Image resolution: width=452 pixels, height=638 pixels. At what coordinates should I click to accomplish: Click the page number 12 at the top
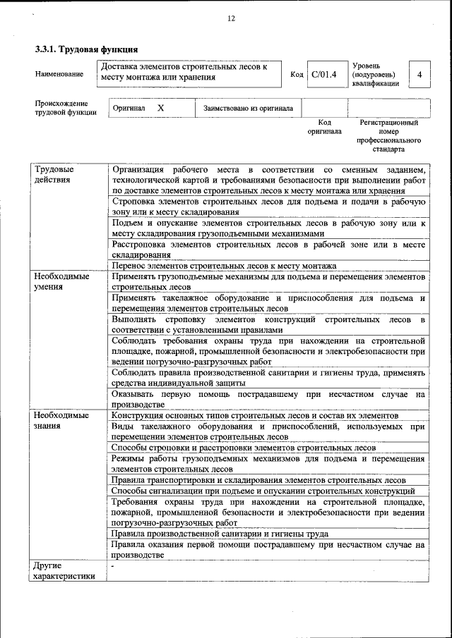click(x=230, y=19)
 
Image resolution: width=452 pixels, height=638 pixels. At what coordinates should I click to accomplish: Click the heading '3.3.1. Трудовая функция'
click(x=86, y=49)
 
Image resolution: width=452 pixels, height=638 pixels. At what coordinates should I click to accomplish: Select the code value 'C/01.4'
click(x=325, y=74)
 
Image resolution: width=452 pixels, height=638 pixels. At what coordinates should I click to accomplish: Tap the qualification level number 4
click(x=420, y=74)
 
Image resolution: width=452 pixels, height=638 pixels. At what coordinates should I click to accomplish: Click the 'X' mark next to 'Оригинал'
click(x=160, y=109)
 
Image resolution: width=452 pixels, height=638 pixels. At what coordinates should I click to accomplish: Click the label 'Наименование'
click(x=59, y=74)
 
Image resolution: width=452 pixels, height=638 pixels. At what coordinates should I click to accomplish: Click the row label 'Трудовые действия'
click(x=54, y=175)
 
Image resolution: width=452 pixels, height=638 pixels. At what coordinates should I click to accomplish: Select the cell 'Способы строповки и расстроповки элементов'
click(x=244, y=448)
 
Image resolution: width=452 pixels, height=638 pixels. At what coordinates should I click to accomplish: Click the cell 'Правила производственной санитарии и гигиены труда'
click(x=220, y=534)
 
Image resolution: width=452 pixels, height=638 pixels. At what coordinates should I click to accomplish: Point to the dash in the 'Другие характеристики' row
click(x=113, y=566)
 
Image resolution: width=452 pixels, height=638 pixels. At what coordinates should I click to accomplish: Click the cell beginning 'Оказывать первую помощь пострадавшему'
click(x=268, y=400)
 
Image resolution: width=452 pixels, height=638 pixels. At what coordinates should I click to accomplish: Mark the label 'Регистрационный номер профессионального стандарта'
click(x=388, y=136)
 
